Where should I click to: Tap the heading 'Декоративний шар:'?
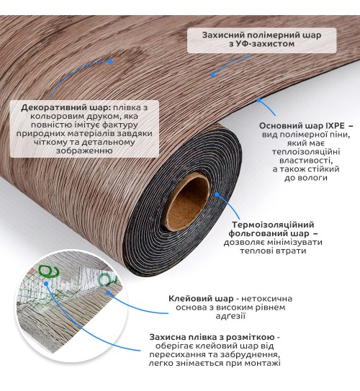tap(66, 108)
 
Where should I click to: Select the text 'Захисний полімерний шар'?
tap(261, 35)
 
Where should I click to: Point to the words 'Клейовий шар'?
tap(201, 299)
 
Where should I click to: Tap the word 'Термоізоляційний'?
tap(273, 225)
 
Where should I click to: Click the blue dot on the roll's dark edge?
tap(217, 194)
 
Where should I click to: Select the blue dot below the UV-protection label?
tap(212, 75)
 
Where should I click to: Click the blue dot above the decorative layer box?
tap(110, 61)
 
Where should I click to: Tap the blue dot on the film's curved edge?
tap(259, 100)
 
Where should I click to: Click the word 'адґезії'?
tap(230, 316)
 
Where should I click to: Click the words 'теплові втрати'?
tap(273, 251)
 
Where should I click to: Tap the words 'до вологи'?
tap(306, 178)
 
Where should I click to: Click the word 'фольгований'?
tap(258, 233)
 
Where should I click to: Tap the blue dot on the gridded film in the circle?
tap(46, 283)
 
